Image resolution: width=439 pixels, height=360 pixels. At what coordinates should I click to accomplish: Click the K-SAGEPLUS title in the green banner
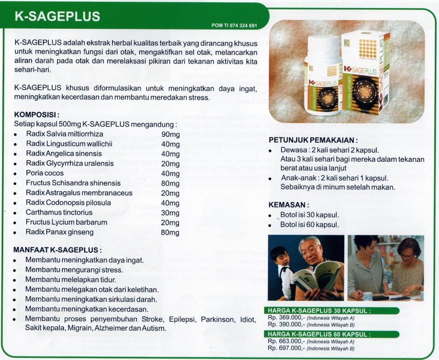[x=58, y=16]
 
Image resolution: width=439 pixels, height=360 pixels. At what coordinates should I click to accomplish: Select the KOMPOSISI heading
[x=37, y=114]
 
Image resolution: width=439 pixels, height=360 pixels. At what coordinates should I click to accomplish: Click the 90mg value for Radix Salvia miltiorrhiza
[x=170, y=135]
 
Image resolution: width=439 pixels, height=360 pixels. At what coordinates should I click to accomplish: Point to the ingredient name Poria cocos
[x=45, y=173]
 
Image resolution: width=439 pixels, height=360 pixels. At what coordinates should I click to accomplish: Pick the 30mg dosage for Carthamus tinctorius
[x=170, y=212]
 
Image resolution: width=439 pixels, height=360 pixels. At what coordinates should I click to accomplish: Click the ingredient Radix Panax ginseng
[x=60, y=232]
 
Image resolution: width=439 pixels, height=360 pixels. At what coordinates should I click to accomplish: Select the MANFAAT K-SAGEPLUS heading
[x=58, y=250]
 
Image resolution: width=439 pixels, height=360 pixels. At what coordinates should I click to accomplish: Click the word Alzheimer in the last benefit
[x=111, y=329]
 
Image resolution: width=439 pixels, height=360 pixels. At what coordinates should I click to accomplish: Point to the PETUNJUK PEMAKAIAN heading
[x=313, y=140]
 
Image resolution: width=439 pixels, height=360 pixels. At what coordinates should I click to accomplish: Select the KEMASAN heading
[x=289, y=205]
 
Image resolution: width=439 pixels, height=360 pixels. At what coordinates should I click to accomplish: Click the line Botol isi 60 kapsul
[x=309, y=225]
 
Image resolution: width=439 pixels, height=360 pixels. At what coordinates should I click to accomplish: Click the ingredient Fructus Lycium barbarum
[x=66, y=222]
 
